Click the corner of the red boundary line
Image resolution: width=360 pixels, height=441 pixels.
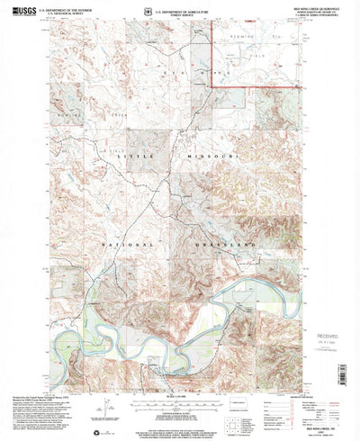pyautogui.click(x=211, y=85)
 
